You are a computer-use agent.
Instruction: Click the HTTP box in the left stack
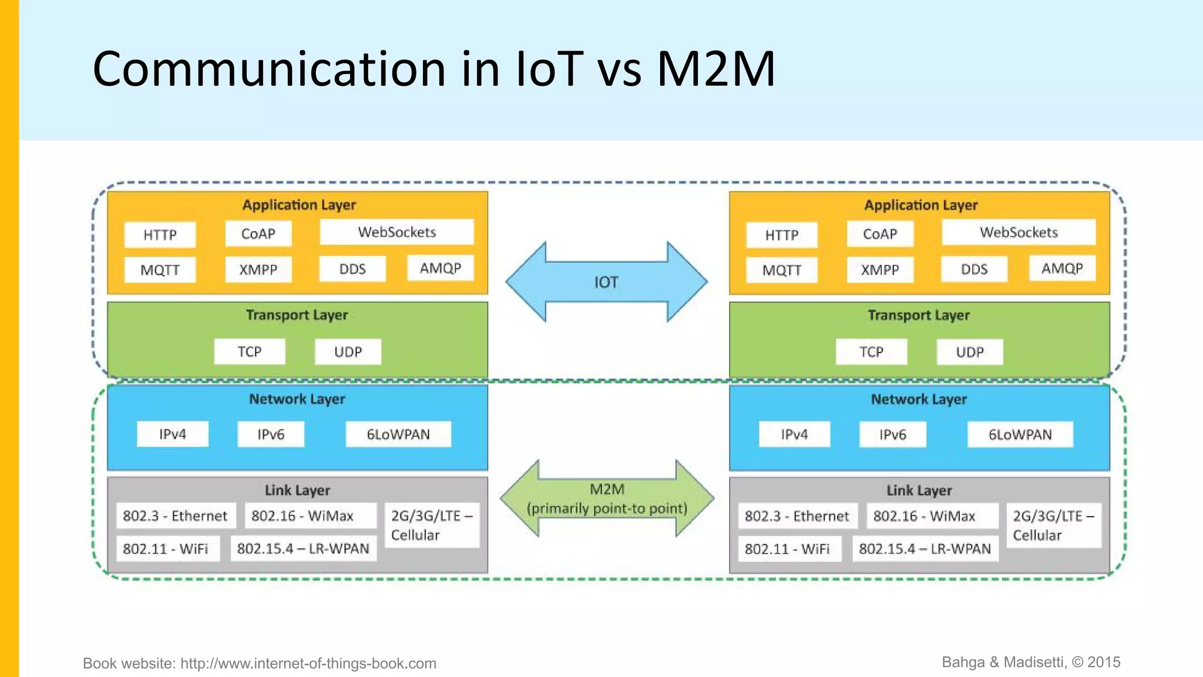click(160, 235)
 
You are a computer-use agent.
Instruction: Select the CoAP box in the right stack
click(880, 234)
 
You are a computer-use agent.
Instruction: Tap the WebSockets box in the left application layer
click(396, 232)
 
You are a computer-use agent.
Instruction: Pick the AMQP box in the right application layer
click(1062, 269)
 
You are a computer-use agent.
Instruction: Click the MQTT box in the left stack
click(160, 270)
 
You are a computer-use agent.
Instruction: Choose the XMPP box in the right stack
click(880, 270)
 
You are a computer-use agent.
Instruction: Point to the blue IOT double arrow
click(606, 282)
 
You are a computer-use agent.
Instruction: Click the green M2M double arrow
click(607, 499)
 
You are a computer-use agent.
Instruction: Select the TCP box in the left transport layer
click(250, 352)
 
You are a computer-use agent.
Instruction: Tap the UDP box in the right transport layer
click(969, 353)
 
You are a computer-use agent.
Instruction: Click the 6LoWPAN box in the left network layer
click(398, 434)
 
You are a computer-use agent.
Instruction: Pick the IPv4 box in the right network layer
click(794, 435)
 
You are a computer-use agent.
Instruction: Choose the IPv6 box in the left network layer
click(271, 434)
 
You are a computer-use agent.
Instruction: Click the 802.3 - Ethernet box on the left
click(175, 516)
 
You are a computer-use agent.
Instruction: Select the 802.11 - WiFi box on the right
click(788, 549)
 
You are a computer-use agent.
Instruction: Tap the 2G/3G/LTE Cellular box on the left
click(432, 525)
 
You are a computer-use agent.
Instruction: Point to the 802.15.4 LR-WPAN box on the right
click(925, 549)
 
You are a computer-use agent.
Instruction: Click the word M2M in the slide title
click(716, 69)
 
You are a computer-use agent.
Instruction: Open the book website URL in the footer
click(308, 663)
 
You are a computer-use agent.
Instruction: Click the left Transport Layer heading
click(297, 315)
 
